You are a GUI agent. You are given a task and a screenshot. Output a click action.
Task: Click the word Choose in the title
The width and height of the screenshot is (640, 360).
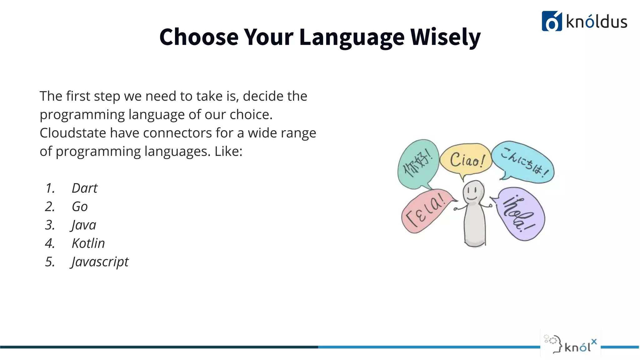(x=199, y=37)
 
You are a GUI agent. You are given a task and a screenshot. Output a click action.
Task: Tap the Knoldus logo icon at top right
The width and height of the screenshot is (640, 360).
(x=552, y=21)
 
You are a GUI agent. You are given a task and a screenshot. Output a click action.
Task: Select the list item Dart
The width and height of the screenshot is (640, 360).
(x=84, y=188)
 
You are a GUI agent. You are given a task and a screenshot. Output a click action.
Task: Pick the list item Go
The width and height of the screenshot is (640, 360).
(x=80, y=207)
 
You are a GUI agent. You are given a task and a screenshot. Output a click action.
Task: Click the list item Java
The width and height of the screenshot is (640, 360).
(x=83, y=225)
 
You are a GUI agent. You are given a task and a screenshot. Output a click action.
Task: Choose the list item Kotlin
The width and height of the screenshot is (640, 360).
(x=88, y=243)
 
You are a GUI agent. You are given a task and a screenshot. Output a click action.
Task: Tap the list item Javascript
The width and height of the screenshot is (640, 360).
(x=100, y=262)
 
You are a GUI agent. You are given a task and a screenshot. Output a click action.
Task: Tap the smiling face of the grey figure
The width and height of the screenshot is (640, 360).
(x=473, y=192)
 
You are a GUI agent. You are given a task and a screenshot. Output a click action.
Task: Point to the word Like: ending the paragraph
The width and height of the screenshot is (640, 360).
(x=228, y=152)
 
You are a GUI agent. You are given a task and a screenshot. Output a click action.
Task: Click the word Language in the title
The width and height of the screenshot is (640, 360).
(x=352, y=37)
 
